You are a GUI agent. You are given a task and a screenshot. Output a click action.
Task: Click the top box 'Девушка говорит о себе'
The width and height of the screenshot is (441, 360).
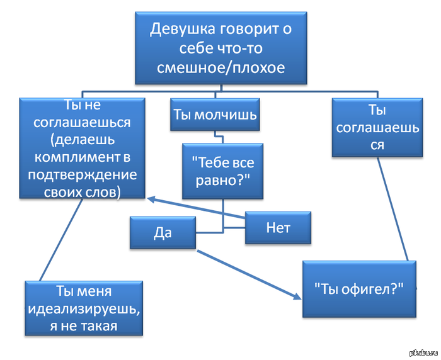[220, 47]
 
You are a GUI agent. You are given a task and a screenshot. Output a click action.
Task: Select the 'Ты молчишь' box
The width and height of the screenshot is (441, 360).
[215, 115]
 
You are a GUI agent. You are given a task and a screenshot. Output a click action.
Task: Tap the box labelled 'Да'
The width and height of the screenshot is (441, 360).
[163, 232]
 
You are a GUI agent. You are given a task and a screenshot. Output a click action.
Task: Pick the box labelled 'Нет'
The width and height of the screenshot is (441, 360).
[278, 227]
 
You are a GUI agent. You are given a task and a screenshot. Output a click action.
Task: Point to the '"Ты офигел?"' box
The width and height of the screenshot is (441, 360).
[358, 289]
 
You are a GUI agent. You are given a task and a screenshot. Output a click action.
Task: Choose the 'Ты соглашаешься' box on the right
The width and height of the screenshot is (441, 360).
[377, 127]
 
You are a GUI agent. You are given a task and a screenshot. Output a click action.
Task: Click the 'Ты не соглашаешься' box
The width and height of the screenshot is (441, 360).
[83, 148]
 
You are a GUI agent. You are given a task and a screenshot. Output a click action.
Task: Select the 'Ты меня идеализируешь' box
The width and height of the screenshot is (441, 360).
[83, 308]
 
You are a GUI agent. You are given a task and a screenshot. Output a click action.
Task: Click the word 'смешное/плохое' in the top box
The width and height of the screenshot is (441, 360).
[220, 67]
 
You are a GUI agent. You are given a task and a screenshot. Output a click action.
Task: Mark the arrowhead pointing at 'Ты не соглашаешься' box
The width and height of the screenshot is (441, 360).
[151, 200]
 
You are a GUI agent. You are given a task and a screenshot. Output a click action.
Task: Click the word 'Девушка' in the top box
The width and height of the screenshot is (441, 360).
[178, 29]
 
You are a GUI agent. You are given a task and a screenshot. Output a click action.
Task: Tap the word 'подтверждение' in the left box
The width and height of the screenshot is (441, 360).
[83, 174]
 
